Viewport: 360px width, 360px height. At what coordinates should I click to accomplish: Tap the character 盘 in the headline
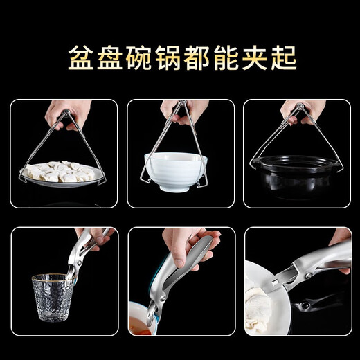(105, 57)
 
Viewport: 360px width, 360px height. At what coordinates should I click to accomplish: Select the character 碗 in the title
(136, 57)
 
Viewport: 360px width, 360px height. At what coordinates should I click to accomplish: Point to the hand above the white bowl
(181, 111)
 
